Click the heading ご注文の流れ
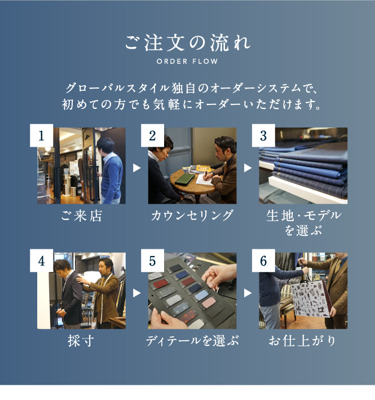point(188,43)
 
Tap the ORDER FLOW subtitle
point(187,61)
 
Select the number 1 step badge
point(42,135)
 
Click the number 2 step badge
point(152,135)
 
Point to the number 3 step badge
point(263,135)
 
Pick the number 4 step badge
point(42,261)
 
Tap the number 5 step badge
point(152,261)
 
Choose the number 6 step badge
point(263,261)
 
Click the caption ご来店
point(82,216)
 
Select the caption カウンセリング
point(192,216)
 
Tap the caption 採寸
point(81,341)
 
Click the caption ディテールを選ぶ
point(192,341)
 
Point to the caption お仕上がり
point(303,341)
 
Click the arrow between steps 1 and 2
point(136,168)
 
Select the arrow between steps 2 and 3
point(248,168)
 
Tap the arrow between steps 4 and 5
point(136,293)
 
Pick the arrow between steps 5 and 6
point(248,293)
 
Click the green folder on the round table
point(186,179)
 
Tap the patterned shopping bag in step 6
point(311,298)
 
